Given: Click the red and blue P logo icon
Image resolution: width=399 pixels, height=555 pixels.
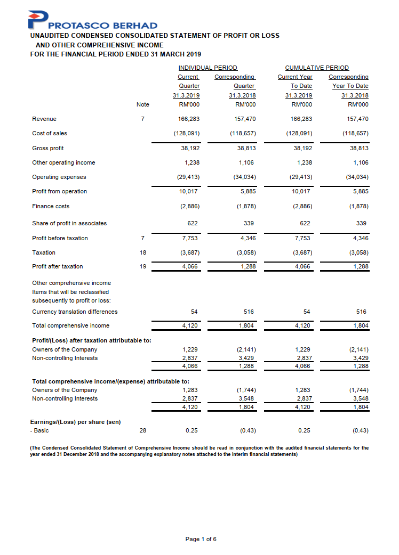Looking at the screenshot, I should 38,20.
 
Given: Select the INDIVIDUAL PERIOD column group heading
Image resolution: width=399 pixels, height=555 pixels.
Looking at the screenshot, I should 208,68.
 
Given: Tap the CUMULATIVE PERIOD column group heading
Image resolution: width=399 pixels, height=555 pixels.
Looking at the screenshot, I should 317,68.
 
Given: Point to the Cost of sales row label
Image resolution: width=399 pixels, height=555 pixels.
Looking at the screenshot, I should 50,133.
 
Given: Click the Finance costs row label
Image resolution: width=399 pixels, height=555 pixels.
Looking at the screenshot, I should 51,206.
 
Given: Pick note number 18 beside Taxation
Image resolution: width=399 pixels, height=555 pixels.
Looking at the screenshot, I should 142,252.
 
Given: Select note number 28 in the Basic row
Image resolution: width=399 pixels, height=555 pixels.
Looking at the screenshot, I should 142,430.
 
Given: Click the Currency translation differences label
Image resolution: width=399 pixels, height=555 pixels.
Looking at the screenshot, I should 75,312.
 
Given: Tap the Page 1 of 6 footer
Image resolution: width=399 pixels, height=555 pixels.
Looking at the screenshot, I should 201,540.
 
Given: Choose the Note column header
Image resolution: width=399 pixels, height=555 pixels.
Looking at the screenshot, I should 142,104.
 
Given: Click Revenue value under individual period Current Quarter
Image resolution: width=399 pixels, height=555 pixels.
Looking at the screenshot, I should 190,119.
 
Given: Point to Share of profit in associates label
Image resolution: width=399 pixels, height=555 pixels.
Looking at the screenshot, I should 69,224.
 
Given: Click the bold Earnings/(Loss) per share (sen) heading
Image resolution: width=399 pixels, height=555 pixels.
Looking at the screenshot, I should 76,422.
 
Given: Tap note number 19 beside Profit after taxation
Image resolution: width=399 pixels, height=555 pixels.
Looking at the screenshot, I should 142,266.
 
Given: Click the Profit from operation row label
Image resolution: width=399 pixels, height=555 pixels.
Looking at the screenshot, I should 59,191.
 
